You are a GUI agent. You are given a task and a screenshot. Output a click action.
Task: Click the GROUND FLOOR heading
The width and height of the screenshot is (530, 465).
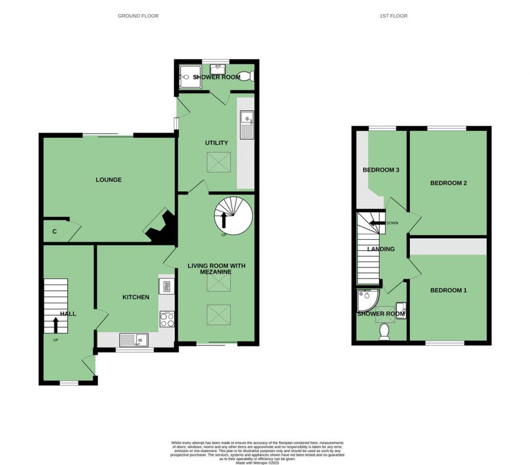click(138, 16)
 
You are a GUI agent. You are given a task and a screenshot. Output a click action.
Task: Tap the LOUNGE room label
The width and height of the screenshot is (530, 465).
click(109, 180)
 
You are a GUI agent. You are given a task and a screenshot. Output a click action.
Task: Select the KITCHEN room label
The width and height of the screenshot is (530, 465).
click(135, 298)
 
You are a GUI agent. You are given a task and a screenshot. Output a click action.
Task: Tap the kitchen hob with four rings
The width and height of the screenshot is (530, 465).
click(167, 319)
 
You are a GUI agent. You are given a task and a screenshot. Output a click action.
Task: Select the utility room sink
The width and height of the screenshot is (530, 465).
click(246, 126)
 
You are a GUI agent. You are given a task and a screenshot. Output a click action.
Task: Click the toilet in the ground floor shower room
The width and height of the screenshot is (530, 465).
click(249, 76)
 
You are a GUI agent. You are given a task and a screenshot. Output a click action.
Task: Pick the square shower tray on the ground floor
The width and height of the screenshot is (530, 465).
click(189, 75)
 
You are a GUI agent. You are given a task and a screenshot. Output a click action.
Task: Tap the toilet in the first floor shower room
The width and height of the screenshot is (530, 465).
click(384, 332)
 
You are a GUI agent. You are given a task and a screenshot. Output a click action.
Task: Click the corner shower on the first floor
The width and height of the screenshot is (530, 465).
click(366, 300)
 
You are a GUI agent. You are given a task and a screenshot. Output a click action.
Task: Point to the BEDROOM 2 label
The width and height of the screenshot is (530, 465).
click(448, 183)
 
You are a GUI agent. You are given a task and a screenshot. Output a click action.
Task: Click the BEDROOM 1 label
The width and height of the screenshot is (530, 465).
click(448, 291)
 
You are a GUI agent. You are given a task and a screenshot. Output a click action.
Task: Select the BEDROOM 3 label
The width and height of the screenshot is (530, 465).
click(381, 170)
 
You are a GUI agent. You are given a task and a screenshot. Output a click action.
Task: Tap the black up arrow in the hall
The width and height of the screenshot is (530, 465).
click(56, 326)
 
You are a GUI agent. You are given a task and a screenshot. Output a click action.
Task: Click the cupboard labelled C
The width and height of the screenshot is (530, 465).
click(55, 232)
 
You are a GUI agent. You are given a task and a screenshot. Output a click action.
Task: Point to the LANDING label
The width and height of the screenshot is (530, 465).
click(380, 249)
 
